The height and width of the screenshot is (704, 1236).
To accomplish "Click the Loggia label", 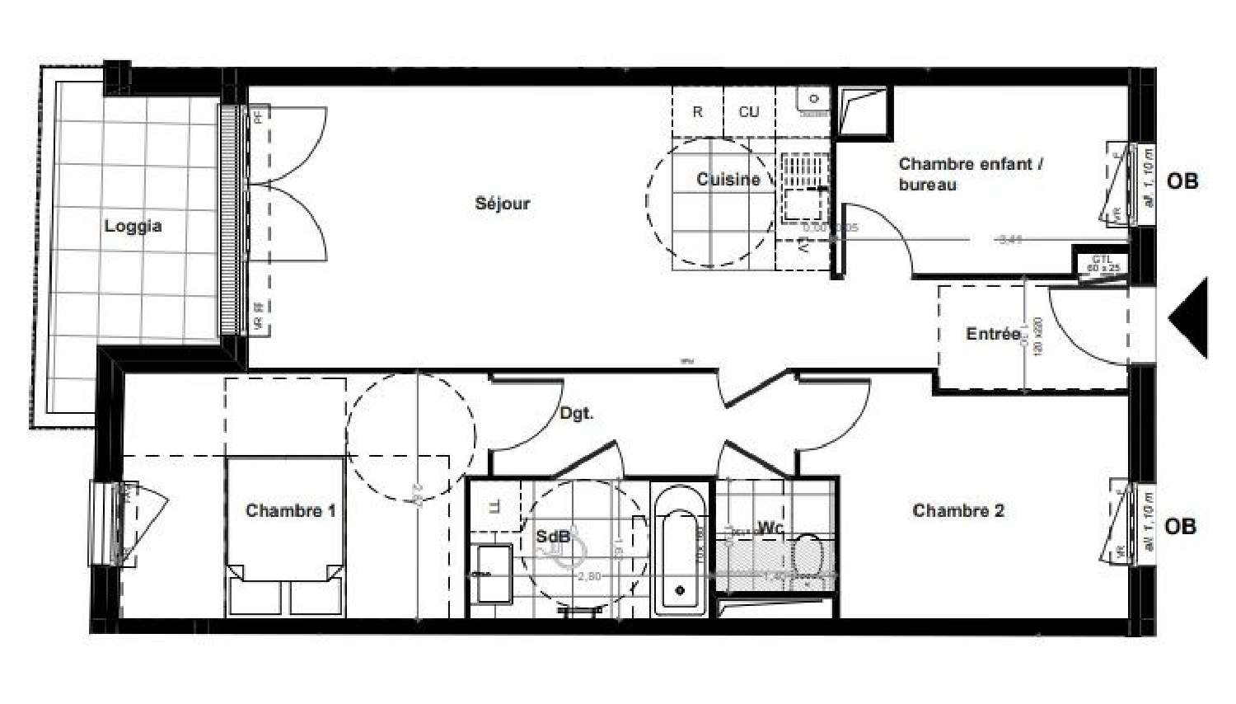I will click(x=133, y=226).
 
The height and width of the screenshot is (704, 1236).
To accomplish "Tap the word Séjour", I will click(x=502, y=204).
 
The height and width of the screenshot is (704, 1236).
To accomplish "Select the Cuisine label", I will click(x=728, y=179).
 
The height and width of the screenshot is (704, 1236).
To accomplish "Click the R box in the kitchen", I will click(x=697, y=112).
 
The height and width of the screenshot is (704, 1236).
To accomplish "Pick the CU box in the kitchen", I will click(x=748, y=112).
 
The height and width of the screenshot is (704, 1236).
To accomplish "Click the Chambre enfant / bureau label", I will click(x=970, y=174).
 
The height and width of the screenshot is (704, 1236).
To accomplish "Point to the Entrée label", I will click(x=992, y=334).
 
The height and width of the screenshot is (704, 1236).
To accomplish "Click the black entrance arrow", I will click(x=1190, y=317).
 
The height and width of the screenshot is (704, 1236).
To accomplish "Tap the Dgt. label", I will click(x=576, y=413).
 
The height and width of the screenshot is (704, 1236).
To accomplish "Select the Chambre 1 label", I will click(x=290, y=510).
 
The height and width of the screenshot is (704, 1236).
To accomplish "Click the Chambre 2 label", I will click(x=957, y=510).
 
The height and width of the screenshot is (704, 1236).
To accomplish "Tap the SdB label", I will click(x=552, y=537).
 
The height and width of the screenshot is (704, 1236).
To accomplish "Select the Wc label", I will click(x=770, y=528).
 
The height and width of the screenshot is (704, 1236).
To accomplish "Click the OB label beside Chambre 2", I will click(x=1180, y=526).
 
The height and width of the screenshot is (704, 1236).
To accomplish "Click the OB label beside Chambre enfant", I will click(x=1182, y=181).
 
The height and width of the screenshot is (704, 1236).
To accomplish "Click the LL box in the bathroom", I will click(x=493, y=507).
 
